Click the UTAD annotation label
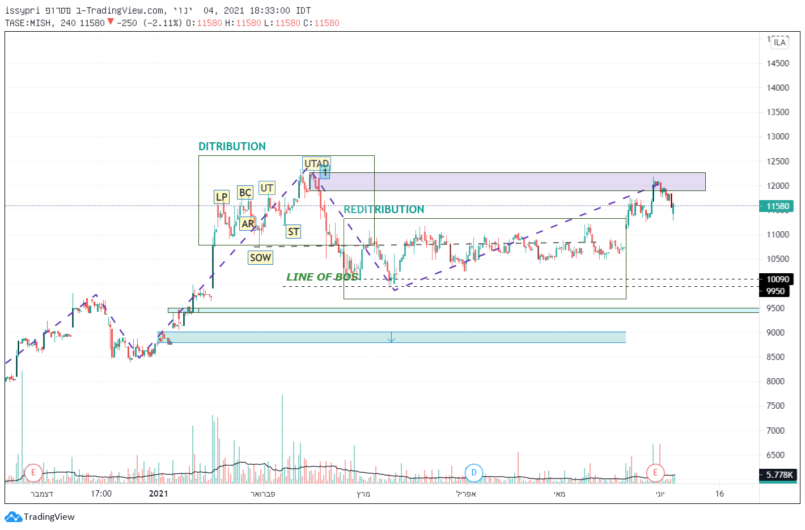(316, 163)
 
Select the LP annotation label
(221, 197)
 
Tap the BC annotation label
(245, 192)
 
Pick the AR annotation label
(248, 223)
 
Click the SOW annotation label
(260, 257)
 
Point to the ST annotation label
(293, 231)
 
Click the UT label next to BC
(267, 188)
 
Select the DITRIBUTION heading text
(232, 146)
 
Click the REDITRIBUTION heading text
(384, 209)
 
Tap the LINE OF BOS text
(322, 277)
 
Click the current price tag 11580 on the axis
(777, 206)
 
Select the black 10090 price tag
(777, 279)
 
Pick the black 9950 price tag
(775, 291)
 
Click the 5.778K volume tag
(779, 474)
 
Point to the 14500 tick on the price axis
(778, 63)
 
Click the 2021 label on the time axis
(158, 493)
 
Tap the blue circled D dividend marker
(474, 472)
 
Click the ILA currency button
(779, 43)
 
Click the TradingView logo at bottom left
(40, 516)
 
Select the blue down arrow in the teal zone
(391, 338)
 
